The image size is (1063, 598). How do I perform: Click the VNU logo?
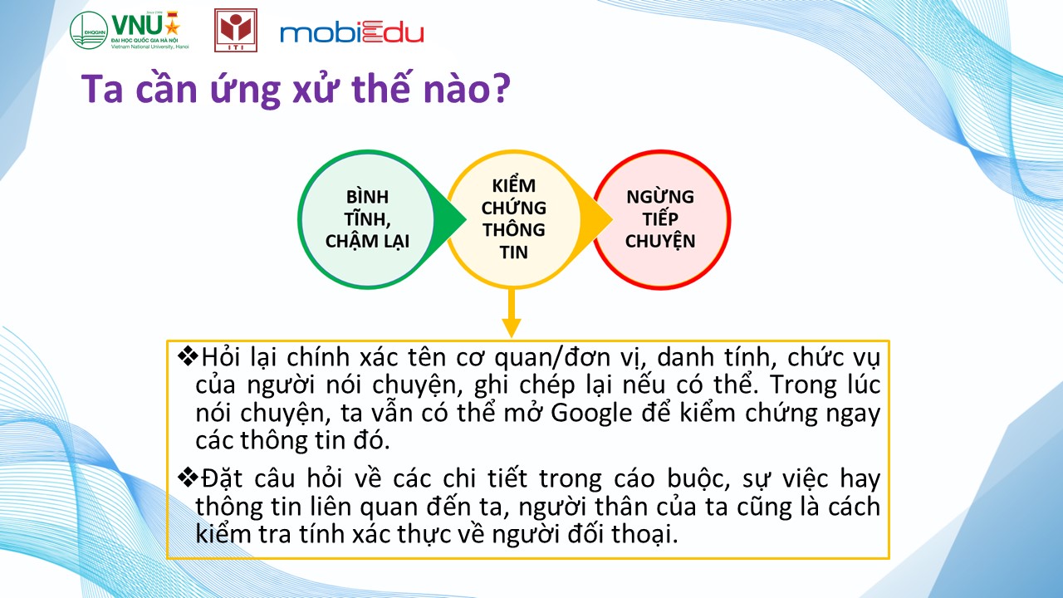click(130, 30)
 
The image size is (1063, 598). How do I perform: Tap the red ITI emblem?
click(236, 30)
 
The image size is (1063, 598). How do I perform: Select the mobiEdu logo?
click(351, 33)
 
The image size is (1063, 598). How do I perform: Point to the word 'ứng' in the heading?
click(245, 91)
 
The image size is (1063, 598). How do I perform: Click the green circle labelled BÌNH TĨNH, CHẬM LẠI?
click(367, 219)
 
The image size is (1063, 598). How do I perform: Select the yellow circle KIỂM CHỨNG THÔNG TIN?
click(513, 219)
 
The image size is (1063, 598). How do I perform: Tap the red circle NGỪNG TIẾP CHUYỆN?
click(660, 219)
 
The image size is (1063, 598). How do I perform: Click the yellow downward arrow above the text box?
click(512, 313)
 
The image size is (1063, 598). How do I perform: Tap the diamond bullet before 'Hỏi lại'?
click(188, 356)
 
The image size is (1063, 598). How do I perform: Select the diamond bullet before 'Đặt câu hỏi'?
click(188, 478)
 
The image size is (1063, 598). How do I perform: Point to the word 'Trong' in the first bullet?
click(802, 385)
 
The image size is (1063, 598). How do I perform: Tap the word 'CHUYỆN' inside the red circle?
click(660, 241)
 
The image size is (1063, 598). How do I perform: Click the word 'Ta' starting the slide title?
click(102, 89)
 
